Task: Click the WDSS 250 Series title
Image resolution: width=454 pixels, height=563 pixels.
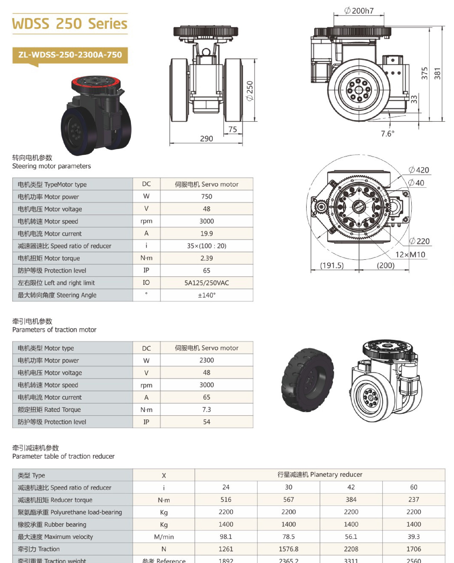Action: click(70, 24)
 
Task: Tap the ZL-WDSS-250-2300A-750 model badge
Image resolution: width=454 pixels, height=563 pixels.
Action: click(70, 55)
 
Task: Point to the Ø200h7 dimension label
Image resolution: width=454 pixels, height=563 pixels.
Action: click(359, 11)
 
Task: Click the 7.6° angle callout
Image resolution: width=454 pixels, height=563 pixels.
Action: click(387, 134)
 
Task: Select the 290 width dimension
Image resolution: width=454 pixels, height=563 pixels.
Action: click(206, 139)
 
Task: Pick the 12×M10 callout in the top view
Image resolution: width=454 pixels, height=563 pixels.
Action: click(410, 254)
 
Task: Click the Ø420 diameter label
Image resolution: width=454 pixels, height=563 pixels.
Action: click(419, 170)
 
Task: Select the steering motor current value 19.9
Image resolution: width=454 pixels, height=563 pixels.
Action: click(206, 234)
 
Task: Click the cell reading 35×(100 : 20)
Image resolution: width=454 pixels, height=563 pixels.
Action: click(206, 246)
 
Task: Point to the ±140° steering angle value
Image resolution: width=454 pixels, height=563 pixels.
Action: click(206, 295)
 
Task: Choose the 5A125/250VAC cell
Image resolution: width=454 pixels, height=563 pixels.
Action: click(206, 283)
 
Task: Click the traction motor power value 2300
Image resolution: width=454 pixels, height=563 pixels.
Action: click(206, 360)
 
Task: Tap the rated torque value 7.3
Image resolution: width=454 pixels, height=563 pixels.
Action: click(206, 409)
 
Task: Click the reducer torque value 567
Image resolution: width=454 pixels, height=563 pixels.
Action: click(288, 499)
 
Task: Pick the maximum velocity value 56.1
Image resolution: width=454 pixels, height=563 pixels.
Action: click(351, 537)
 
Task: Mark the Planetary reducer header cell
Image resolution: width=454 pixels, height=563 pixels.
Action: click(320, 474)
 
